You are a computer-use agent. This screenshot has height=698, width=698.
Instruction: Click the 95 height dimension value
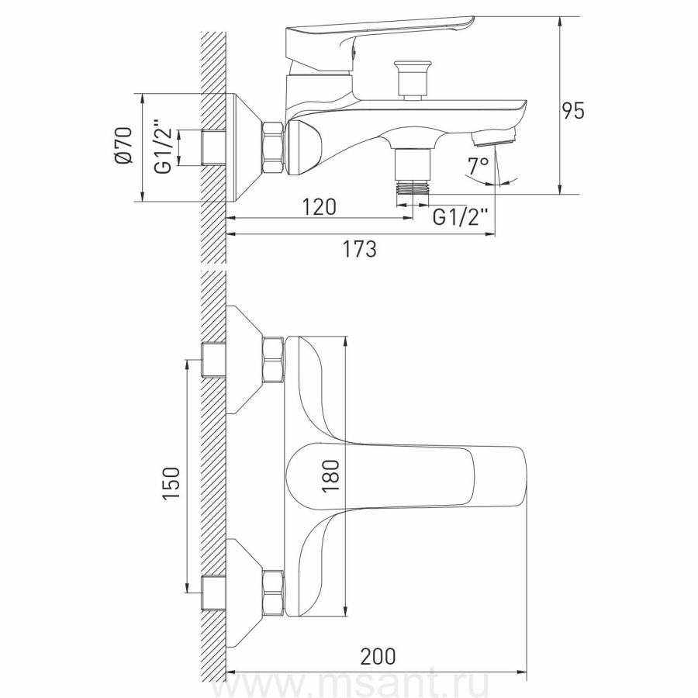pos(573,110)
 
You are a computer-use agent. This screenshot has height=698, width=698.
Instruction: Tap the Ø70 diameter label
pos(124,145)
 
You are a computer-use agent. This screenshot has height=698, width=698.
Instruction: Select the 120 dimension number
pos(320,207)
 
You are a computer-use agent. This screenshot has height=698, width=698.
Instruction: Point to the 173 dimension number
pos(359,248)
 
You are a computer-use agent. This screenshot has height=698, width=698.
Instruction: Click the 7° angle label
pos(478,166)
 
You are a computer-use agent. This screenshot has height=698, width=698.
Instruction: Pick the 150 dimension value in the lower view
pos(171,482)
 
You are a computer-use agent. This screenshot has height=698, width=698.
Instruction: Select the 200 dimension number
pos(378,656)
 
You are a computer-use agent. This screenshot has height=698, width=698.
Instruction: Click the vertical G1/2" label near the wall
pos(164,147)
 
